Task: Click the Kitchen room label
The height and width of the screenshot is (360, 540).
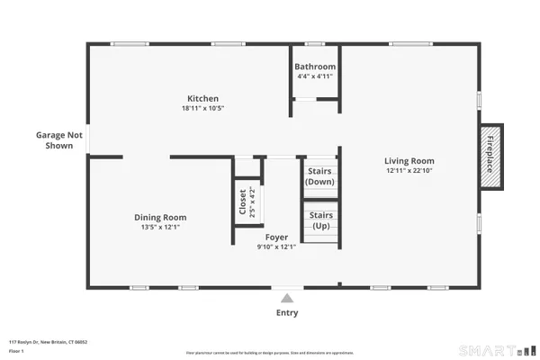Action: coord(202,99)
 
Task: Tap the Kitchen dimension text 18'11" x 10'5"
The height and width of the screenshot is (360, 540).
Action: coord(202,109)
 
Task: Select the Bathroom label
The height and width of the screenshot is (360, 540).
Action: coord(316,67)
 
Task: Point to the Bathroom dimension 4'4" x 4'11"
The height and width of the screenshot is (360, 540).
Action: coord(316,76)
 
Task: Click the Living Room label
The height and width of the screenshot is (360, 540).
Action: coord(409,161)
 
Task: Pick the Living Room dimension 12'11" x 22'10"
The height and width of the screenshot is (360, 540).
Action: coord(409,171)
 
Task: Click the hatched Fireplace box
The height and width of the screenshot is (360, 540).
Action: coord(491,156)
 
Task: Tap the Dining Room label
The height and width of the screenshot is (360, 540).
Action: coord(160,217)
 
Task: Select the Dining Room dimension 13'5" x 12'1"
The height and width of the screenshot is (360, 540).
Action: coord(160,227)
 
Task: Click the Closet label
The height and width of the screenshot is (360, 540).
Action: coord(242,203)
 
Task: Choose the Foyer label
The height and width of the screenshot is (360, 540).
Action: coord(276,237)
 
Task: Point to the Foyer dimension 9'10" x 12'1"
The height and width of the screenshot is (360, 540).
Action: coord(276,247)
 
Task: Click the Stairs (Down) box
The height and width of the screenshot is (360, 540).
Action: coord(320,175)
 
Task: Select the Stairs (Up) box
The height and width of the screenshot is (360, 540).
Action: coord(320,220)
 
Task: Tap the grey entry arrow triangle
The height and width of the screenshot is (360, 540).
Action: coord(286,298)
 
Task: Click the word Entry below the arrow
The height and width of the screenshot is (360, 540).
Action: coord(286,313)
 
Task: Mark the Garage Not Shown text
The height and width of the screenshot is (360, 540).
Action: coord(58,139)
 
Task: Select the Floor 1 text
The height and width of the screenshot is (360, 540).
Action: coord(15,350)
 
